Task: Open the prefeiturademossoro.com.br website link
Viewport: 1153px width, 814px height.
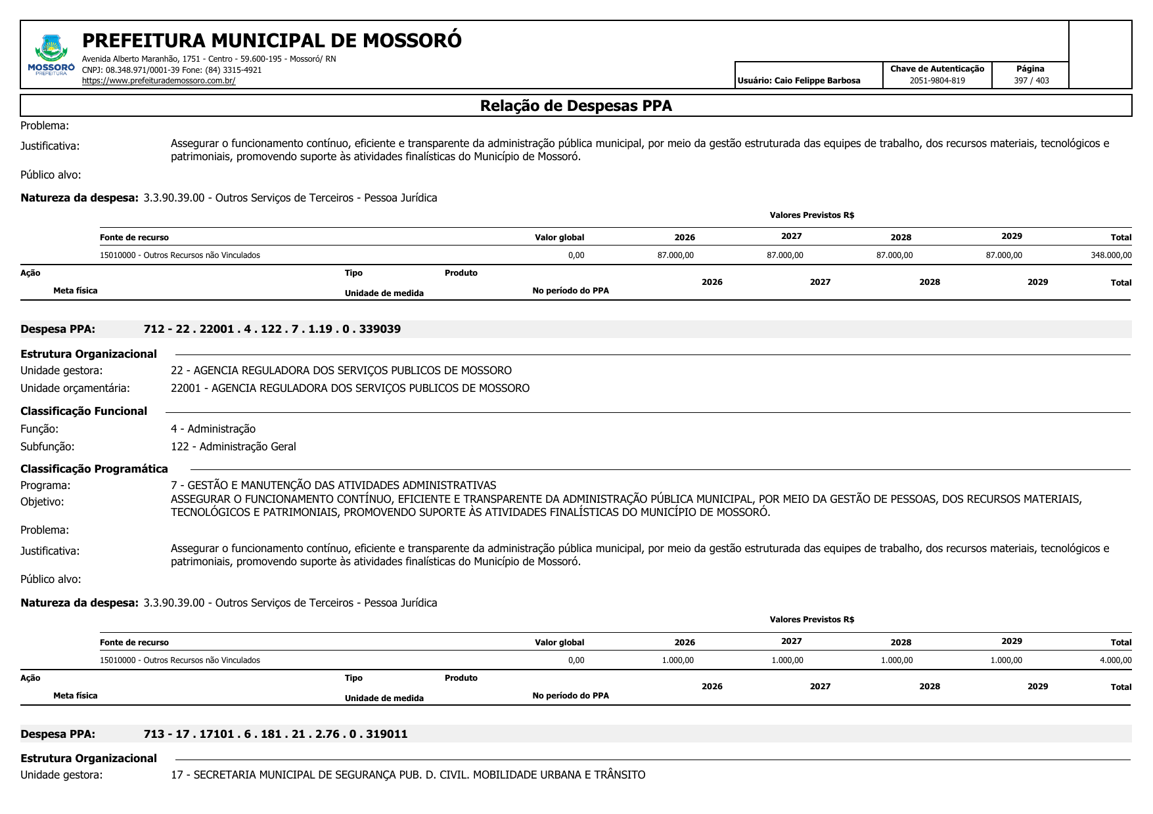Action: (x=158, y=81)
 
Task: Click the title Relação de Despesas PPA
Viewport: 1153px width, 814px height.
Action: (x=576, y=106)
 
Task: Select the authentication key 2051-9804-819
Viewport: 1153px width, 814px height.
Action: (x=937, y=81)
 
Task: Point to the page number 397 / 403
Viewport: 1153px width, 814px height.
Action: (x=1031, y=81)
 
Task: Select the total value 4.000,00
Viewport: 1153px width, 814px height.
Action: (x=1115, y=660)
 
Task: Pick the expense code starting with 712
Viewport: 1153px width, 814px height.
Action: (x=272, y=329)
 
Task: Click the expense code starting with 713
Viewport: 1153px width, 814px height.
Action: (x=275, y=734)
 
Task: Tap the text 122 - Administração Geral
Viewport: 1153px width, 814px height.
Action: (x=233, y=446)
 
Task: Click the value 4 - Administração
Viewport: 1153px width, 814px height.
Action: (x=213, y=429)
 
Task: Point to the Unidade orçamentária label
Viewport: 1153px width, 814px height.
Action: (x=75, y=388)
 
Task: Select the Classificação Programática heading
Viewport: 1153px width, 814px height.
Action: (x=94, y=469)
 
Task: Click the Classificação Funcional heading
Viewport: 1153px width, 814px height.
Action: (x=83, y=411)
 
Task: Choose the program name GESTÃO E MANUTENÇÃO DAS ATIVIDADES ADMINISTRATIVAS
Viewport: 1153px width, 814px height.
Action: (x=333, y=485)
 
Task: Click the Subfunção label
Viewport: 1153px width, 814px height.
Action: (x=47, y=446)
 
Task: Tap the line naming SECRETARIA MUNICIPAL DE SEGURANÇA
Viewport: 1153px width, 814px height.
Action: (x=407, y=775)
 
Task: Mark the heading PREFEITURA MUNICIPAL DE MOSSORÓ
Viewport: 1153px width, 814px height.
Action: (x=271, y=41)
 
